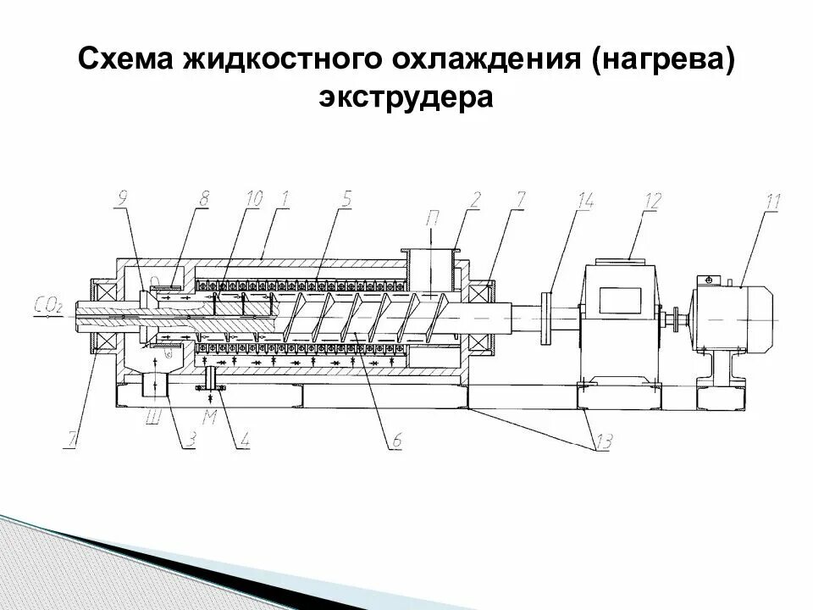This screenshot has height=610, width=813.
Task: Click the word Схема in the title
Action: point(124,60)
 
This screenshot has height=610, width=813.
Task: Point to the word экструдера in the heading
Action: point(406,98)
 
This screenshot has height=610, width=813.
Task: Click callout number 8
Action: point(203,200)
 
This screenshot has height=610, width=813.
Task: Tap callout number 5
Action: point(346,200)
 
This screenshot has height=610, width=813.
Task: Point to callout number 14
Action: point(584,200)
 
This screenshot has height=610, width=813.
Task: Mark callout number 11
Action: point(772,202)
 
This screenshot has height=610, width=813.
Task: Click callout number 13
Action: point(602,442)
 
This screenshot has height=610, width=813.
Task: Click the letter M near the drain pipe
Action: point(209,417)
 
